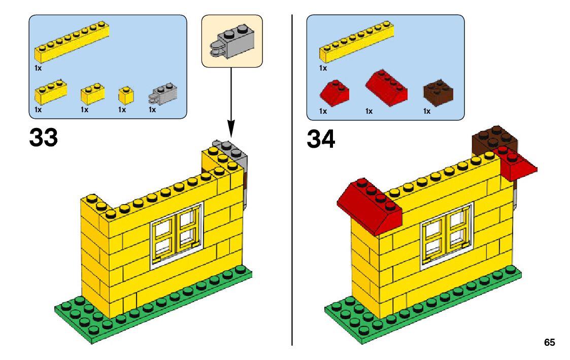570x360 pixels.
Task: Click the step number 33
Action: point(44,137)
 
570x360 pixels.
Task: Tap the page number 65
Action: point(549,342)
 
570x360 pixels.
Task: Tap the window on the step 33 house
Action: point(176,235)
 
